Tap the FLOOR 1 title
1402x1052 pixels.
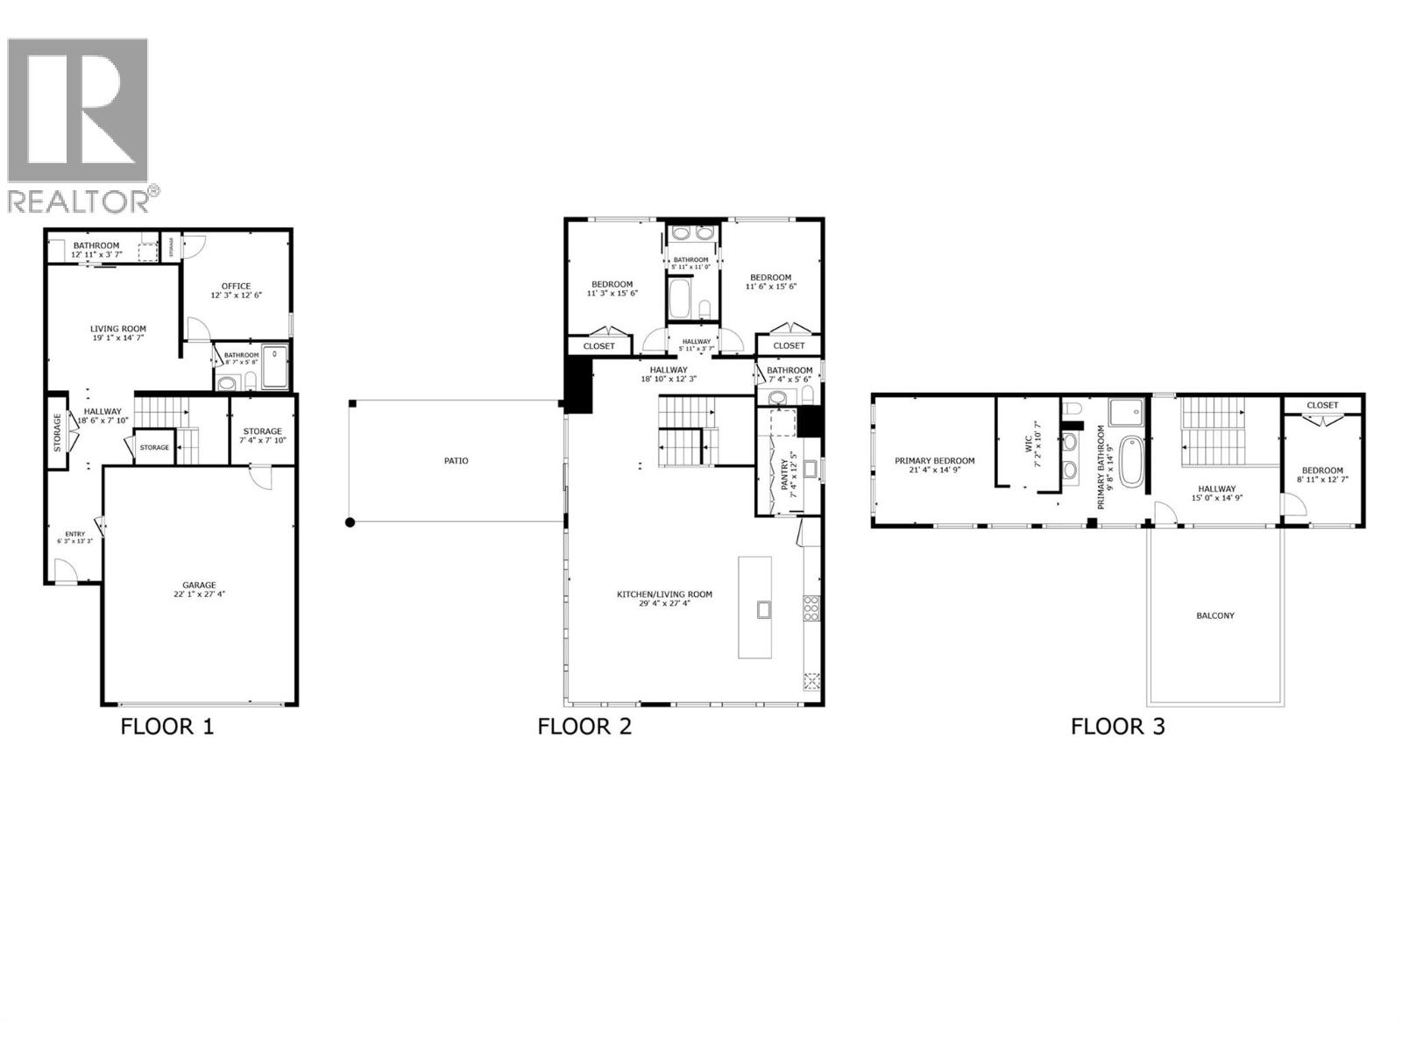coord(166,727)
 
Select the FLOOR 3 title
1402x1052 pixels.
coord(1117,727)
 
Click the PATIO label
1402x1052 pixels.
coord(456,460)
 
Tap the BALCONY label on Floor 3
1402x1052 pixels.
coord(1214,615)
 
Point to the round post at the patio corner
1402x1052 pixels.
coord(350,522)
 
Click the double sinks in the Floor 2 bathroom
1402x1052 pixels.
coord(690,234)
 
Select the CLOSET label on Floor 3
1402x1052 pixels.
coord(1322,405)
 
